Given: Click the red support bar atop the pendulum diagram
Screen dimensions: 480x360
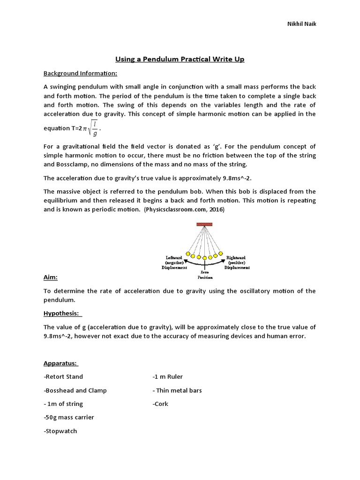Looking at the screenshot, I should click(x=204, y=225).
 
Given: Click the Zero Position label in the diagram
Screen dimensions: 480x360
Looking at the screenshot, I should click(x=205, y=274).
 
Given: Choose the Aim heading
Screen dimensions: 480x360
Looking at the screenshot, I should click(x=50, y=277).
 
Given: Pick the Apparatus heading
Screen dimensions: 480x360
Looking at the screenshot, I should click(x=61, y=363).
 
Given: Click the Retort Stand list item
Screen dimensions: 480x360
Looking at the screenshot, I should click(x=63, y=376).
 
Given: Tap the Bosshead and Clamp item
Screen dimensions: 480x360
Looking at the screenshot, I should click(x=75, y=390).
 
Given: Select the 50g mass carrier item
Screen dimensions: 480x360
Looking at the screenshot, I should click(x=69, y=417).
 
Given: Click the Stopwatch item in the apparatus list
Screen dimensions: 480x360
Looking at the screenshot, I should click(x=60, y=431).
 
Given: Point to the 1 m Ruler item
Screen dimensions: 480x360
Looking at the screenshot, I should click(x=168, y=376).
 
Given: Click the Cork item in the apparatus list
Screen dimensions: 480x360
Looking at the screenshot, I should click(x=160, y=404).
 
